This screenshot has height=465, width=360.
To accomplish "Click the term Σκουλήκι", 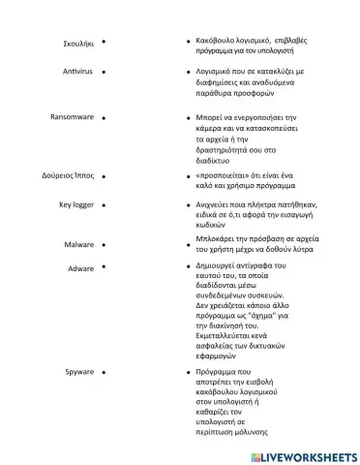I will coord(76,44).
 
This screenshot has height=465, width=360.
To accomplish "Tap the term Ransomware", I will coord(72,116).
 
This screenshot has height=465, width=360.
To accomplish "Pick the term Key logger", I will coord(76,205).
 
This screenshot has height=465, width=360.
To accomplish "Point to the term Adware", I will coord(80,266).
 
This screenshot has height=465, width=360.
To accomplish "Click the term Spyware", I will coord(79,371).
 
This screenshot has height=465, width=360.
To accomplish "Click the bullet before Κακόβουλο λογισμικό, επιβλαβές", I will coord(187,44).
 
